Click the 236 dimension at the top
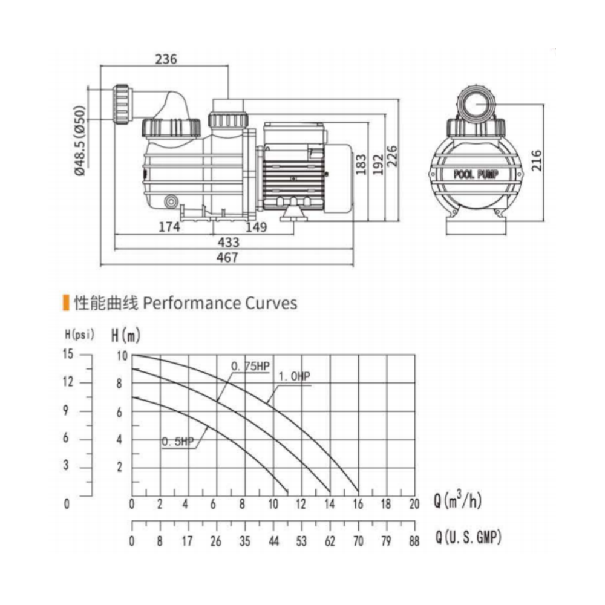pos(166,59)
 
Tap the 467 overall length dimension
pos(227,257)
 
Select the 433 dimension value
pos(229,243)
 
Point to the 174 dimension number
pos(169,226)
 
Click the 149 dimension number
pos(256,227)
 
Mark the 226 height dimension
pos(391,156)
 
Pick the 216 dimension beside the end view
pos(536,160)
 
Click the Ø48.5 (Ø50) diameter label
pos(79,140)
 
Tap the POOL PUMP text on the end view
pos(476,174)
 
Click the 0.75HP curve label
pos(250,366)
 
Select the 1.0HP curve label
pos(295,376)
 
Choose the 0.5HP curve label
pos(177,442)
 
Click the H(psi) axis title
pos(79,334)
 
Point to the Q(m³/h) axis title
pos(458,500)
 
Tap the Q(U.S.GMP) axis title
pos(468,537)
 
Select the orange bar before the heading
pos(66,303)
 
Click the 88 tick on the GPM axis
pos(414,541)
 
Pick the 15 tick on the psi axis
pos(68,354)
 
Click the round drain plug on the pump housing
pos(171,201)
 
